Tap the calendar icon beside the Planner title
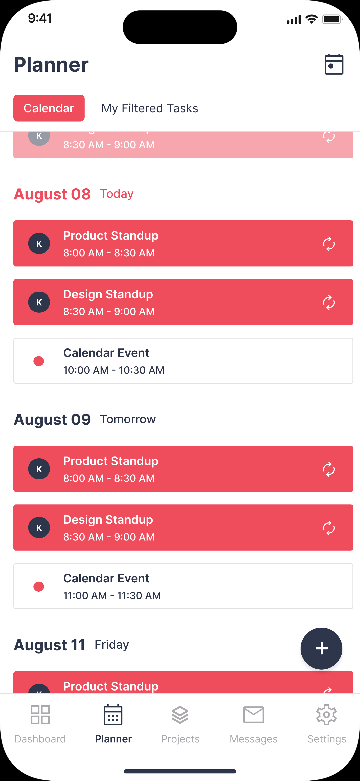[x=334, y=64]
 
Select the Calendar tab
[x=49, y=108]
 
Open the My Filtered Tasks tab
[x=150, y=108]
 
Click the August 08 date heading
[x=52, y=194]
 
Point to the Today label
[x=117, y=194]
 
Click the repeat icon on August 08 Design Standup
[x=329, y=303]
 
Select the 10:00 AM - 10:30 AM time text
[x=114, y=370]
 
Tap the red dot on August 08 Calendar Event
[x=39, y=361]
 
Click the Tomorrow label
[x=128, y=419]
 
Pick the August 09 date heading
[x=52, y=420]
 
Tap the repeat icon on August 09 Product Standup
[x=329, y=469]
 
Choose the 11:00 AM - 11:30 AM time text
[x=112, y=595]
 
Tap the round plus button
[x=321, y=648]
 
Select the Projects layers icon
[x=180, y=715]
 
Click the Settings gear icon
[x=326, y=715]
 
